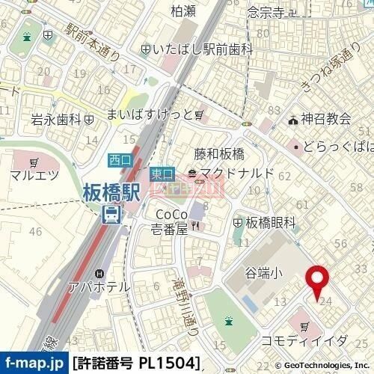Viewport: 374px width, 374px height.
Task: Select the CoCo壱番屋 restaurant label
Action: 165,220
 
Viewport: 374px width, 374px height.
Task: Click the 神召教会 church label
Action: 325,119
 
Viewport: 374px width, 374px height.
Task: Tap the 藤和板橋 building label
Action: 219,155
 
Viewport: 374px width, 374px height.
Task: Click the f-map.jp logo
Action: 34,364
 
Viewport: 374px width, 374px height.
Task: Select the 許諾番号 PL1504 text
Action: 138,364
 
